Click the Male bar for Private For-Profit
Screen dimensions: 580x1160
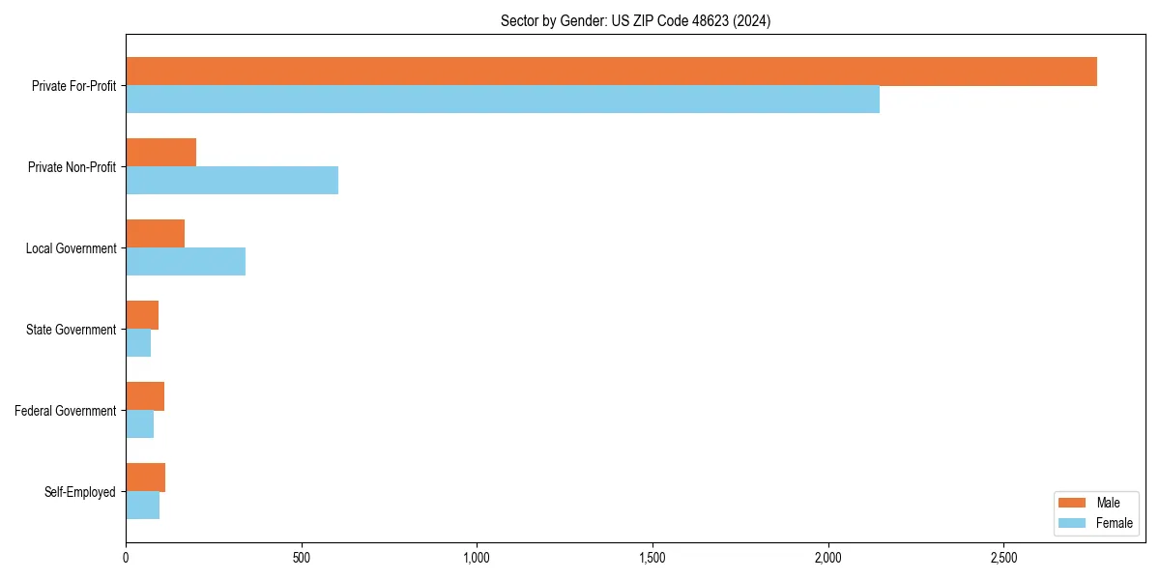[611, 72]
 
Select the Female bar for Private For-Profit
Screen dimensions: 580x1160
[503, 100]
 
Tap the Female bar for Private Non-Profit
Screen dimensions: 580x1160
[232, 181]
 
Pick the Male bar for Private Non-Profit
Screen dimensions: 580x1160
[160, 153]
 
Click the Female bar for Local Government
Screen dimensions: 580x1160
[186, 262]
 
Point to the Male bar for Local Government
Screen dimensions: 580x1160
[155, 234]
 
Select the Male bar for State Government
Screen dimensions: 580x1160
[142, 315]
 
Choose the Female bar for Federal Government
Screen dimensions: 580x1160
[139, 424]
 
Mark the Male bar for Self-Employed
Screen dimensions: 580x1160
[145, 478]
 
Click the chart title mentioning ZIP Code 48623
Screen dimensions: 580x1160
[635, 20]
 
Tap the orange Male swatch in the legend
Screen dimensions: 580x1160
[1072, 503]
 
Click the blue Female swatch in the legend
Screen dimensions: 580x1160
[1072, 523]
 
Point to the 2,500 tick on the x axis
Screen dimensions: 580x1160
[1003, 558]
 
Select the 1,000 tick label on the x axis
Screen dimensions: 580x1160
[477, 558]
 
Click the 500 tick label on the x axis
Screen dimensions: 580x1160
[302, 558]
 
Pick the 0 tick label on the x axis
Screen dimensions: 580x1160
[126, 558]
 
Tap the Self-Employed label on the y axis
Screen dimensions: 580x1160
[80, 492]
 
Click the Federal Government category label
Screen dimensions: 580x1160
[66, 411]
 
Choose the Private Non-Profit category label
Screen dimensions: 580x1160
[72, 167]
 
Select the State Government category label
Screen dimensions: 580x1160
[71, 330]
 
